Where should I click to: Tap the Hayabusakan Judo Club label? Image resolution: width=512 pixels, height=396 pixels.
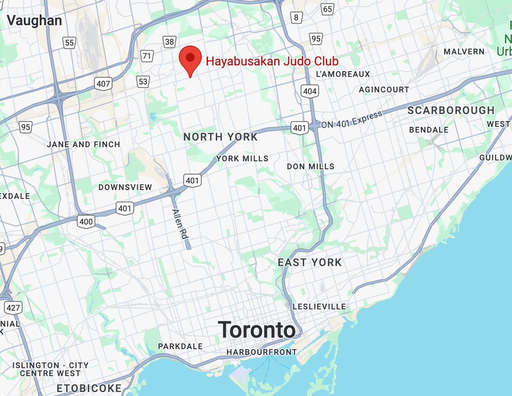tap(272, 61)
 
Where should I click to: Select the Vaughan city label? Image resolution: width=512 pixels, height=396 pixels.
tap(34, 20)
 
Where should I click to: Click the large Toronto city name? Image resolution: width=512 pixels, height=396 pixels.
tap(257, 330)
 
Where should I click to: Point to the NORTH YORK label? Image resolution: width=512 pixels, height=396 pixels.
tap(220, 137)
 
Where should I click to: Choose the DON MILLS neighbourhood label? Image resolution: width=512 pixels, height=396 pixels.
tap(311, 167)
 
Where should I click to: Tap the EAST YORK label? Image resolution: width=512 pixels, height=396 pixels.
tap(309, 263)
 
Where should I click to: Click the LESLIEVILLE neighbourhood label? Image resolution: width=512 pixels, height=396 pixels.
tap(320, 306)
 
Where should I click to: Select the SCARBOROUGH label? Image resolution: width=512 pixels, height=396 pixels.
tap(451, 110)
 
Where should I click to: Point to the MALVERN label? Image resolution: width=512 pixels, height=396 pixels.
tap(464, 52)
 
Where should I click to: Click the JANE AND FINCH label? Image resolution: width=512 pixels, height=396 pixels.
tap(83, 145)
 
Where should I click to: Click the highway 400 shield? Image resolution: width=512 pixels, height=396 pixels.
tap(86, 221)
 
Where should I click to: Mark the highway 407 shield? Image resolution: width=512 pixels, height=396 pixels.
tap(103, 83)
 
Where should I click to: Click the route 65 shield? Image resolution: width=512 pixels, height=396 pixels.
tap(328, 9)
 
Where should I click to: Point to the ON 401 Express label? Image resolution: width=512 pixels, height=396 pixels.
tap(351, 120)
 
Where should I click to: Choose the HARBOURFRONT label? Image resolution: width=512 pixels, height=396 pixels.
tap(262, 352)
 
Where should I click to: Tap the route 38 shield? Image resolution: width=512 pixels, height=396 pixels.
tap(169, 42)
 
